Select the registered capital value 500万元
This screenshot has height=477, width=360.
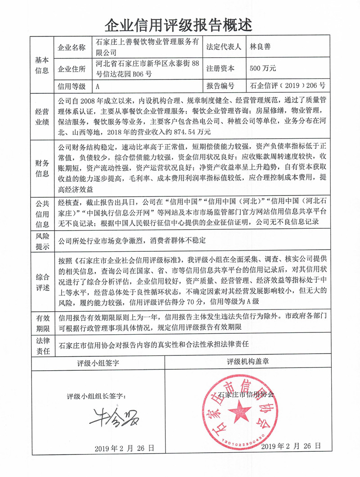pyautogui.click(x=263, y=69)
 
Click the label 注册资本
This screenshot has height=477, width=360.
pyautogui.click(x=220, y=69)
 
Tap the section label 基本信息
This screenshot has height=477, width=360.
pyautogui.click(x=42, y=65)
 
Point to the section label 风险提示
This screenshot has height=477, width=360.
pyautogui.click(x=42, y=241)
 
